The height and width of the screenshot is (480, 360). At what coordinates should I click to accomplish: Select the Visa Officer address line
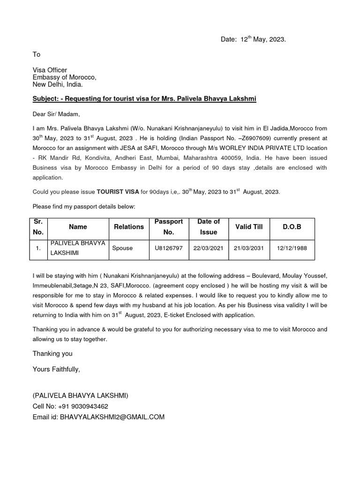(x=50, y=70)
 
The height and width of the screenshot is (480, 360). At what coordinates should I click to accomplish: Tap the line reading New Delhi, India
(x=57, y=84)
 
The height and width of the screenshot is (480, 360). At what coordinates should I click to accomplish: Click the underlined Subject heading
(x=144, y=99)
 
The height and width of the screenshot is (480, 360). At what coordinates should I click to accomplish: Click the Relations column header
(x=129, y=227)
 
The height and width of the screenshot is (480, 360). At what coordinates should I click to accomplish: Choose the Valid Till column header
(x=248, y=227)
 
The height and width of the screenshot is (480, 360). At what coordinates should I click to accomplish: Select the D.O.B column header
(x=292, y=227)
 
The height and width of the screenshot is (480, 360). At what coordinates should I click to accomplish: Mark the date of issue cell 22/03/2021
(x=208, y=248)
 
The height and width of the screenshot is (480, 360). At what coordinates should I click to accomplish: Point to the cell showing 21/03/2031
(x=248, y=248)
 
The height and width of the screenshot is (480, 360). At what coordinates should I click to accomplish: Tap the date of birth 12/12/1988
(x=292, y=248)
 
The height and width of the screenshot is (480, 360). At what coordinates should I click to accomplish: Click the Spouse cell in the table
(x=122, y=248)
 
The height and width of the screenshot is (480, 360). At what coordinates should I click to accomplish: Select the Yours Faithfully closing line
(x=56, y=369)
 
